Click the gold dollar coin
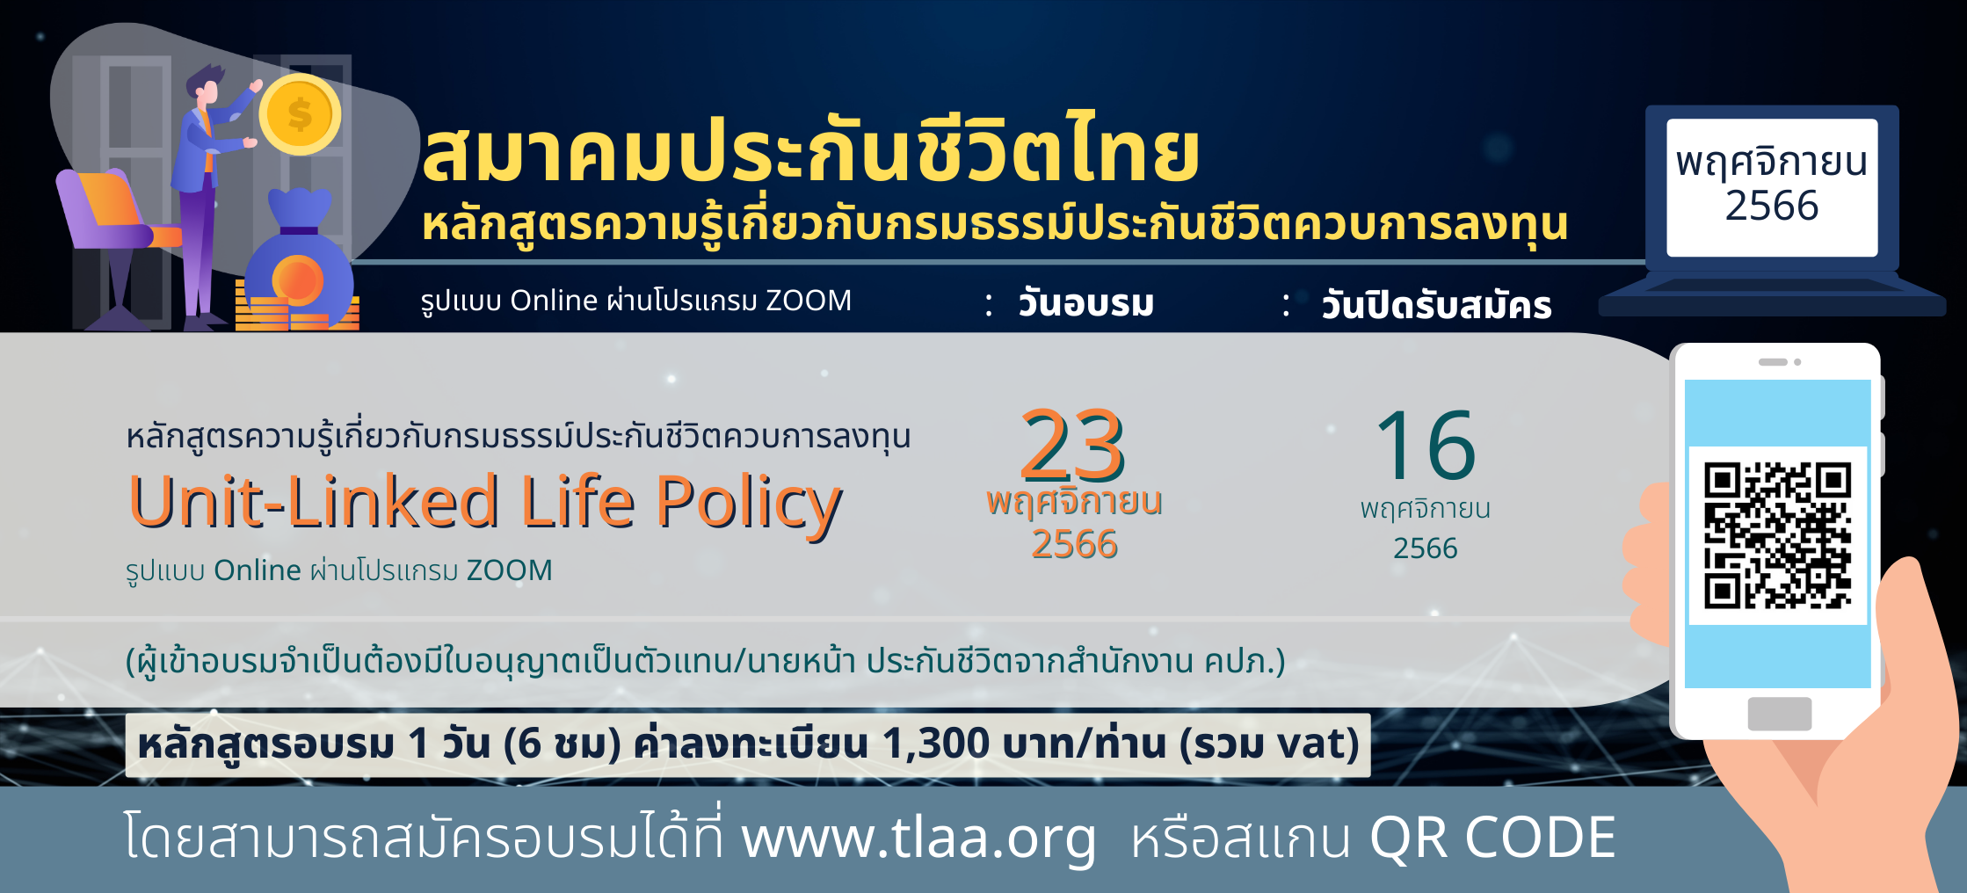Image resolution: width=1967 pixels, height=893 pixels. tap(300, 114)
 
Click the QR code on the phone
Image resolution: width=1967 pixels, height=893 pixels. tap(1778, 535)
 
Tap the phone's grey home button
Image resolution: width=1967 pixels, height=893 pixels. tap(1780, 714)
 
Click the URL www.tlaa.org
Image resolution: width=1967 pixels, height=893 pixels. tap(919, 837)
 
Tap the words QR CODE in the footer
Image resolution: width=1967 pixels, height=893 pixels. tap(1492, 837)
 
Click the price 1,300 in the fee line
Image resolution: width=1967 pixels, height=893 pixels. tap(936, 744)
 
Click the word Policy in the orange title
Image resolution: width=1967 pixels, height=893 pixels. tap(749, 505)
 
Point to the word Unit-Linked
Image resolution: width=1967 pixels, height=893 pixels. tap(314, 501)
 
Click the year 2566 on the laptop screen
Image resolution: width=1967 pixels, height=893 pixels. tap(1772, 206)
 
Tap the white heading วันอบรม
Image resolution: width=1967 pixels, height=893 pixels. tap(1085, 303)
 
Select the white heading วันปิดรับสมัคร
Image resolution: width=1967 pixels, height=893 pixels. tap(1437, 304)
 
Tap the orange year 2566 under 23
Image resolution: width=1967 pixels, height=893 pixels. tap(1074, 544)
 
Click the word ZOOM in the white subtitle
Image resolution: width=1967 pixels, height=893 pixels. tap(809, 301)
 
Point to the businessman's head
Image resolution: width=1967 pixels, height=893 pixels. tap(207, 85)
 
